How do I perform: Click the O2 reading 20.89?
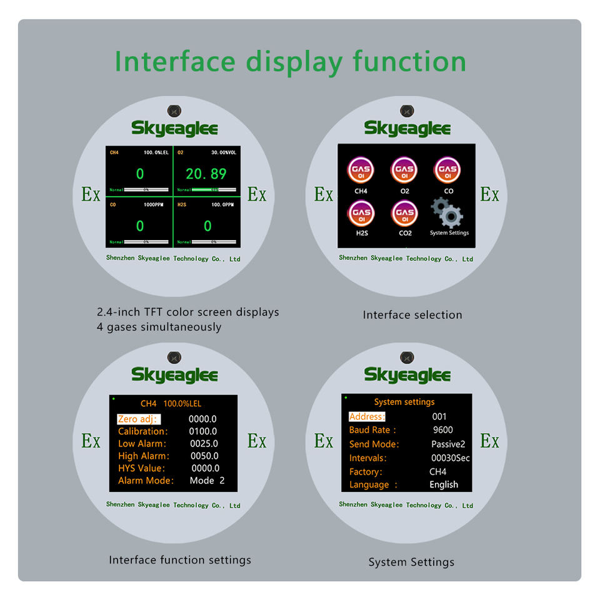[x=206, y=174]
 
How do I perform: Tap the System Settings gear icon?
[x=448, y=212]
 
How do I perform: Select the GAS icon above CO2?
[x=404, y=213]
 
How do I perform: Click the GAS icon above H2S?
[x=361, y=213]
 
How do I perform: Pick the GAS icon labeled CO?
[x=448, y=169]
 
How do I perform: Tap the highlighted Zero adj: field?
[x=139, y=419]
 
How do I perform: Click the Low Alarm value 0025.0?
[x=203, y=444]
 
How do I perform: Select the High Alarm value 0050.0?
[x=204, y=456]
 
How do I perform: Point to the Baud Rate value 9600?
[x=442, y=430]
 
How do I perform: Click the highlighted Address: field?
[x=367, y=416]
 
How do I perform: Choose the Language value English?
[x=444, y=484]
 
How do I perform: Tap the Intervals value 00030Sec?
[x=451, y=458]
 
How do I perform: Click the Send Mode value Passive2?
[x=448, y=444]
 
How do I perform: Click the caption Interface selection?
[x=412, y=315]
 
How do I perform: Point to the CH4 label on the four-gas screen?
[x=114, y=152]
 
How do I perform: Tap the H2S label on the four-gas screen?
[x=182, y=204]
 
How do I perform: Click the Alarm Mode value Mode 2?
[x=207, y=481]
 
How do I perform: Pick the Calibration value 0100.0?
[x=203, y=431]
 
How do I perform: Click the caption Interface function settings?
[x=180, y=560]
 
